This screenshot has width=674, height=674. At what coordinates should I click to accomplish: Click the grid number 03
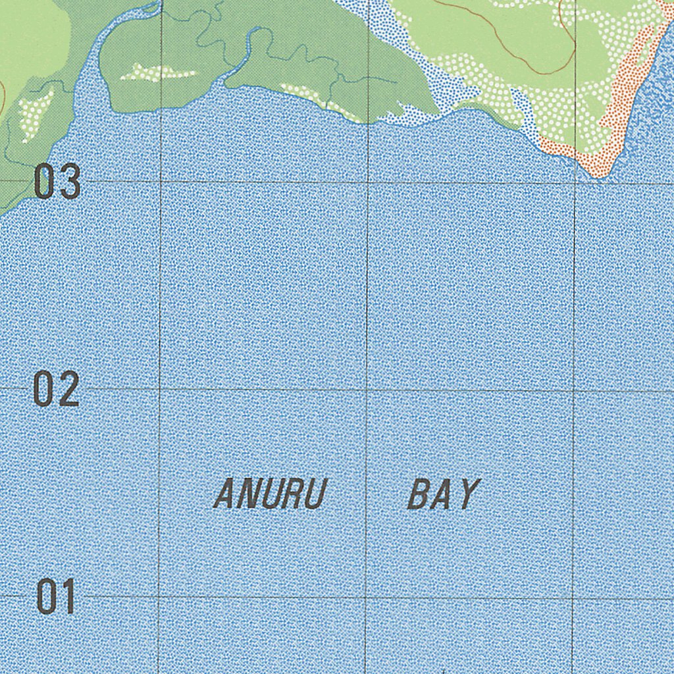click(x=57, y=182)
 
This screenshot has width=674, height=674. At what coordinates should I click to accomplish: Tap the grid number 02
click(x=57, y=389)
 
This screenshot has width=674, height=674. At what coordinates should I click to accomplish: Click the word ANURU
click(x=271, y=494)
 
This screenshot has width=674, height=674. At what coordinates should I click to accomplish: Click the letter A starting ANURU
click(x=224, y=494)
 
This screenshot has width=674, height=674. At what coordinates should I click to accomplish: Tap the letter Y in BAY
click(x=468, y=494)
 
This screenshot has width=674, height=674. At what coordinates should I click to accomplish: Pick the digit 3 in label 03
click(x=70, y=182)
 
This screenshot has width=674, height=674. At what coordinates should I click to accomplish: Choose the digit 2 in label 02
click(x=69, y=389)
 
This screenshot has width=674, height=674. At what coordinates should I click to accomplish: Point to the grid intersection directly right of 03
click(x=160, y=182)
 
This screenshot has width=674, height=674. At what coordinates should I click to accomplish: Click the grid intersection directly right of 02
click(x=159, y=389)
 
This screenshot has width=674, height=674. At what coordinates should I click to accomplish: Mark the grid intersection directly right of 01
click(x=159, y=598)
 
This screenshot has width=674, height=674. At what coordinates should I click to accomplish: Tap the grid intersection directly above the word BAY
click(x=367, y=390)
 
